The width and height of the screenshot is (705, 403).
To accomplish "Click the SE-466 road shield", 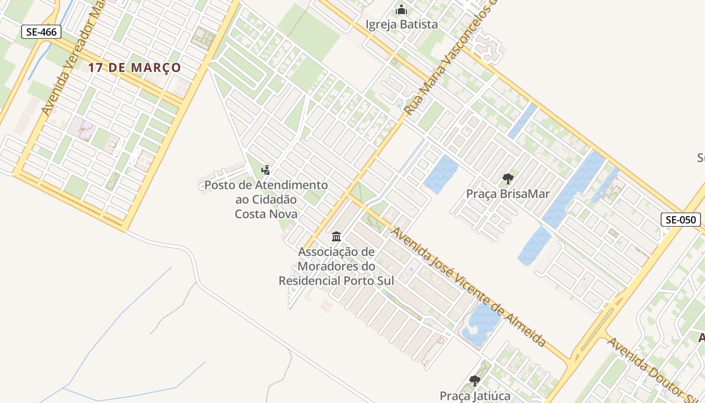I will pyautogui.click(x=41, y=32).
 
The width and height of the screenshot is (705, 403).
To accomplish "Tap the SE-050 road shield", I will pyautogui.click(x=680, y=220).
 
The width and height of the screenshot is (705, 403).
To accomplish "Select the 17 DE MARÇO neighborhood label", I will pyautogui.click(x=134, y=68).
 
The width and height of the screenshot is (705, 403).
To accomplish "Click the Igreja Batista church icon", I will pyautogui.click(x=401, y=10).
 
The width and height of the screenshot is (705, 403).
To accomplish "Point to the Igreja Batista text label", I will pyautogui.click(x=401, y=24).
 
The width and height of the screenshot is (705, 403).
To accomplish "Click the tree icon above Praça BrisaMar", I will pyautogui.click(x=508, y=178).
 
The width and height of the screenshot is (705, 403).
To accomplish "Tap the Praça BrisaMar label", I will pyautogui.click(x=508, y=194).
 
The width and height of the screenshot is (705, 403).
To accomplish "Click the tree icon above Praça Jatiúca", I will pyautogui.click(x=474, y=381).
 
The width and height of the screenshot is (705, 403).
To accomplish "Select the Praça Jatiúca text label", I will pyautogui.click(x=475, y=396).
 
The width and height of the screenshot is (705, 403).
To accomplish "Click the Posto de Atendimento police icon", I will pyautogui.click(x=266, y=170).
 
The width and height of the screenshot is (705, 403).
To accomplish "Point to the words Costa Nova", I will pyautogui.click(x=266, y=214).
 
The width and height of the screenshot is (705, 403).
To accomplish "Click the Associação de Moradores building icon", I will pyautogui.click(x=336, y=236).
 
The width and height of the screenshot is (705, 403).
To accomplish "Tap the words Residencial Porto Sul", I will pyautogui.click(x=336, y=281).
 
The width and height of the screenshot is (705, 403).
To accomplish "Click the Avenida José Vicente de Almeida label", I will pyautogui.click(x=468, y=287).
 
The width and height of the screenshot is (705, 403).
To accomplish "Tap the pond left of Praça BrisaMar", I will pyautogui.click(x=441, y=174).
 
